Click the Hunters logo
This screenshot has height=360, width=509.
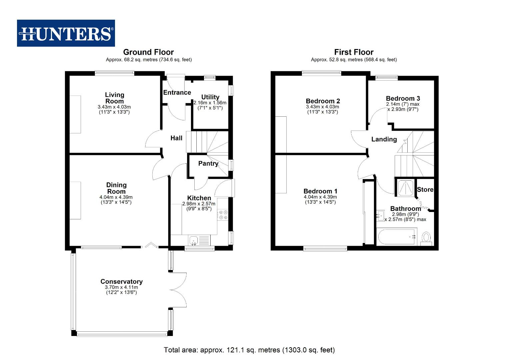pyautogui.click(x=66, y=33)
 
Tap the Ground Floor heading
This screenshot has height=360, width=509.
pyautogui.click(x=148, y=52)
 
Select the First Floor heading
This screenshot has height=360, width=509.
pyautogui.click(x=354, y=52)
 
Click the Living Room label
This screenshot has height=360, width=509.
pyautogui.click(x=114, y=98)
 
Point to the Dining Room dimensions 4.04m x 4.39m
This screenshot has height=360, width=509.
pyautogui.click(x=116, y=197)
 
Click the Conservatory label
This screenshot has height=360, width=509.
pyautogui.click(x=121, y=282)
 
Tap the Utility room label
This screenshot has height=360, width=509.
pyautogui.click(x=210, y=97)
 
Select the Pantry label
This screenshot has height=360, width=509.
pyautogui.click(x=208, y=163)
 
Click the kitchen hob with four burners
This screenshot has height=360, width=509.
pyautogui.click(x=223, y=215)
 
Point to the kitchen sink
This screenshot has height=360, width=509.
pyautogui.click(x=194, y=240)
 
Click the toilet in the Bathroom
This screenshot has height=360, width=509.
pyautogui.click(x=426, y=238)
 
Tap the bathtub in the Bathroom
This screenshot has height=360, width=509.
pyautogui.click(x=397, y=237)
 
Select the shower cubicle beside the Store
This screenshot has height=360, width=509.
pyautogui.click(x=405, y=187)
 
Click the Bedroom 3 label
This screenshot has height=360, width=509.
pyautogui.click(x=403, y=98)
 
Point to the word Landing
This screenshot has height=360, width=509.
pyautogui.click(x=384, y=139)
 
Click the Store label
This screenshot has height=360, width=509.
pyautogui.click(x=425, y=190)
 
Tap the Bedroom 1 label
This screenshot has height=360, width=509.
pyautogui.click(x=320, y=191)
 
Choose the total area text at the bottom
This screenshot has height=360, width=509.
pyautogui.click(x=249, y=350)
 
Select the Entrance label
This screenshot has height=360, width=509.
pyautogui.click(x=177, y=93)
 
